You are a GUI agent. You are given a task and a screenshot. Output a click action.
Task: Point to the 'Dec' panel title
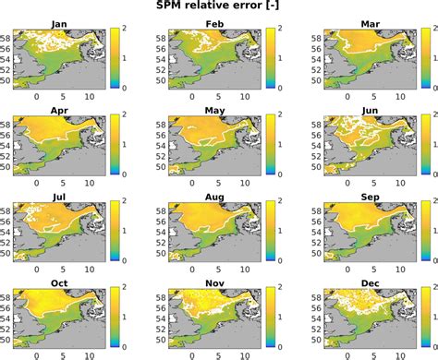click(363, 282)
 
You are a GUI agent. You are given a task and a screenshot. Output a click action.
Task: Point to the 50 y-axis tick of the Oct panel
click(7, 339)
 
